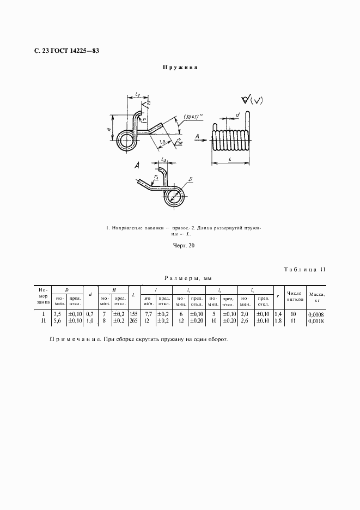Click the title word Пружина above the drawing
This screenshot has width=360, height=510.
[x=179, y=68]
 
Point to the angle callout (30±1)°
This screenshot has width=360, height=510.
[x=193, y=117]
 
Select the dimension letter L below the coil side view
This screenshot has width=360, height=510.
[x=230, y=159]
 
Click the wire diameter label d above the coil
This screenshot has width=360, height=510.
[x=237, y=115]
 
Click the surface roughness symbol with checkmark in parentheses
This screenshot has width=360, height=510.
[x=252, y=100]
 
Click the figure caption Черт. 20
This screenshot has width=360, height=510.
[x=180, y=245]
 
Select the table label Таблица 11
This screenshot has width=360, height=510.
[x=304, y=269]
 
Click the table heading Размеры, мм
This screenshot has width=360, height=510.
[x=180, y=277]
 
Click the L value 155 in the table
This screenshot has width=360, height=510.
[x=133, y=314]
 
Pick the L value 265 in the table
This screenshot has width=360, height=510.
[x=133, y=321]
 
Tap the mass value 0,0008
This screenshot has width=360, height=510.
[x=315, y=315]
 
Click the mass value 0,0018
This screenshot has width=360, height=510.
[x=315, y=322]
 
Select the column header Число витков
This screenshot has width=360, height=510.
[x=295, y=296]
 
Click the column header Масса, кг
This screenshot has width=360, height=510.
[x=316, y=296]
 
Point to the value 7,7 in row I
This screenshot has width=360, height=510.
[x=148, y=314]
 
